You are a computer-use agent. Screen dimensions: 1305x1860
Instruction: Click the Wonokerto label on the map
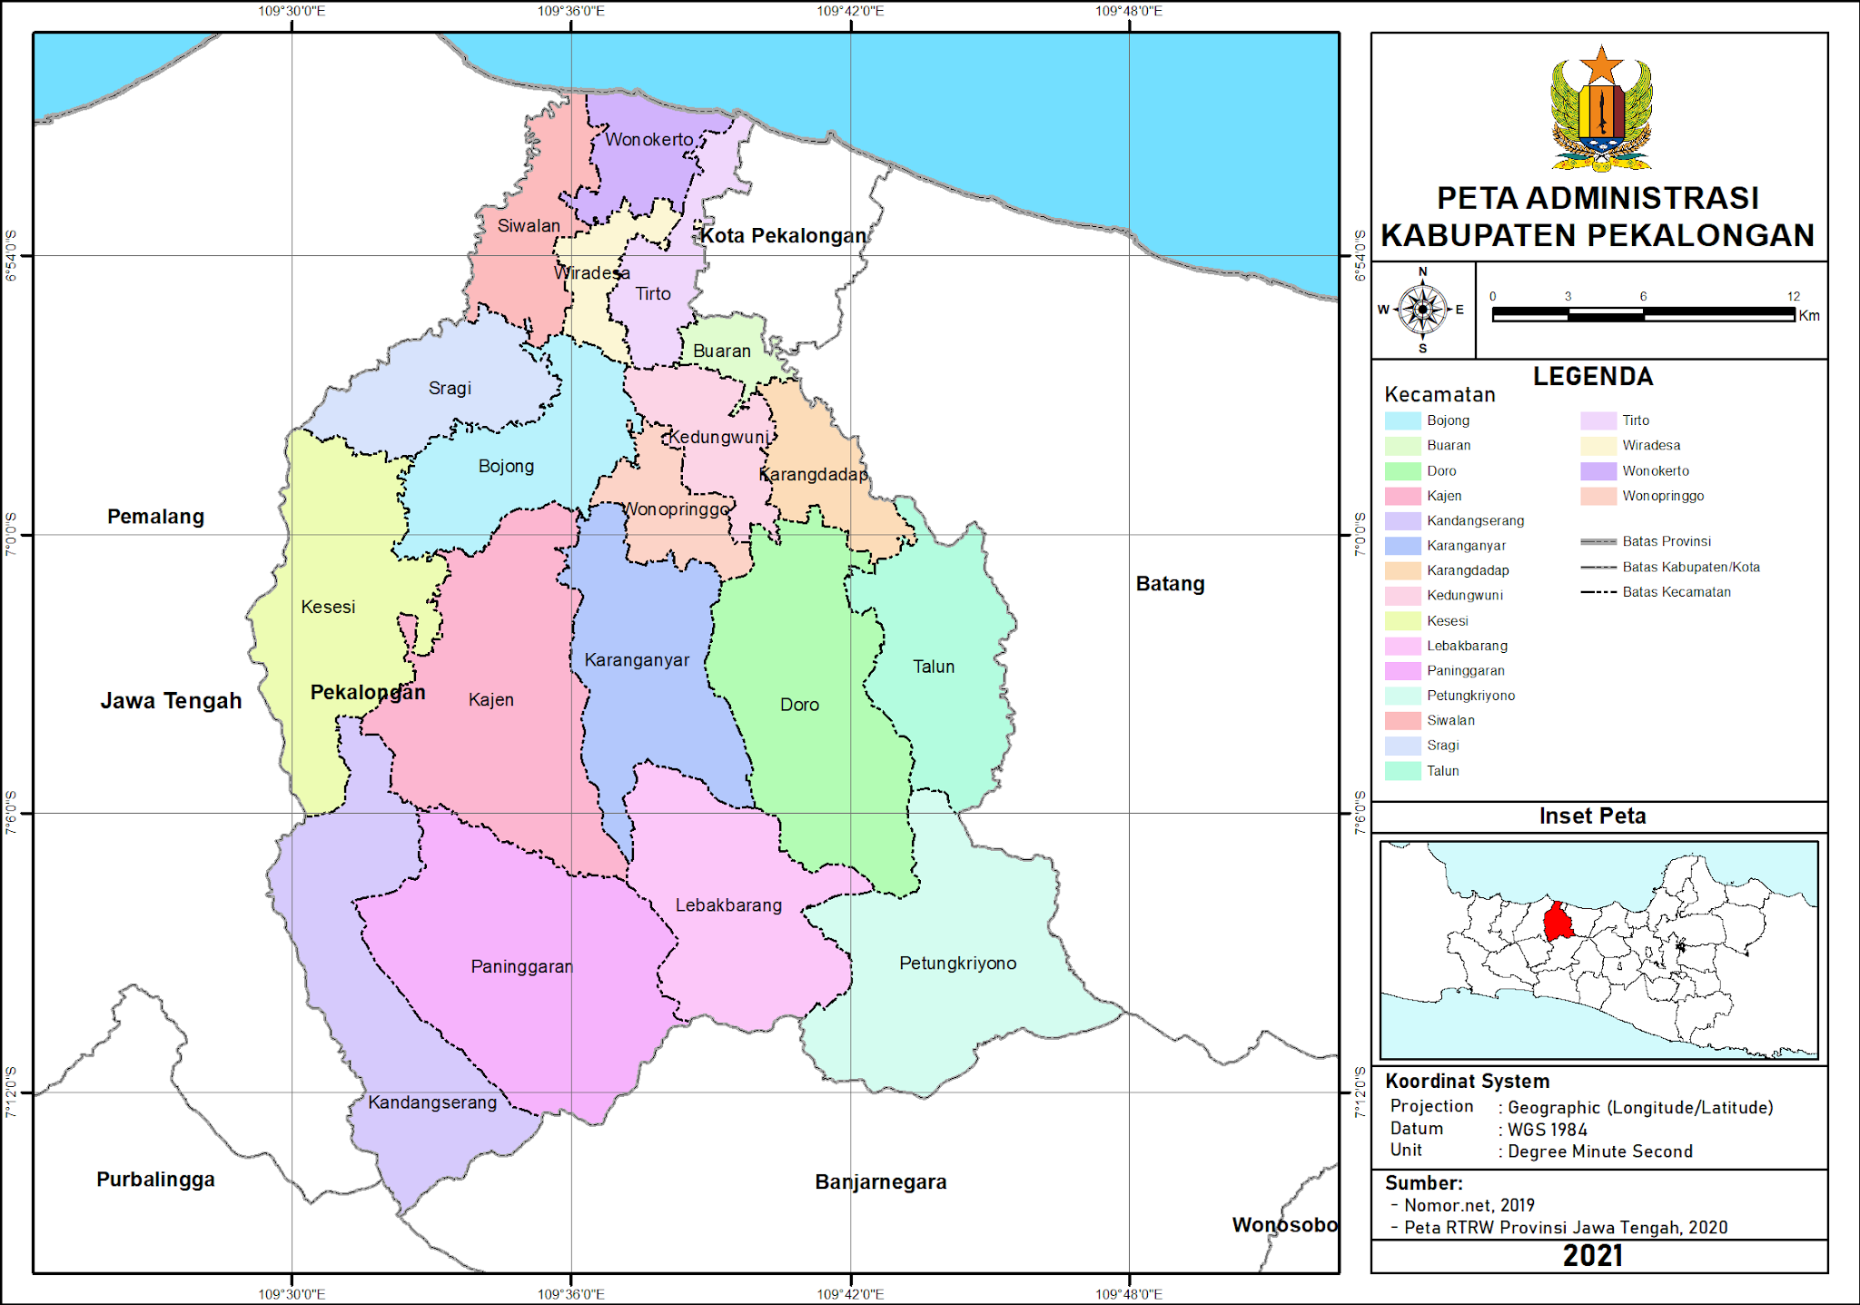648,140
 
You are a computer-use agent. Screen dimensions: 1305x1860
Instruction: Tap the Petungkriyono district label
957,964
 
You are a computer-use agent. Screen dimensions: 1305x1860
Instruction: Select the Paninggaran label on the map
521,967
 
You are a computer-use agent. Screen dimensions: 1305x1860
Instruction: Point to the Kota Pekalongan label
783,236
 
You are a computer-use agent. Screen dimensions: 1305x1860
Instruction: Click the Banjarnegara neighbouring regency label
880,1182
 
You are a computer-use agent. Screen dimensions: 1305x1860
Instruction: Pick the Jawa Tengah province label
171,701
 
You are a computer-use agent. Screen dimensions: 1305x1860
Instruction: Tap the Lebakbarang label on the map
728,905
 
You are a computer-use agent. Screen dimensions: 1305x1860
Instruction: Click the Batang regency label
1170,584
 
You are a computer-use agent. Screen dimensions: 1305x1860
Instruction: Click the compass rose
1422,310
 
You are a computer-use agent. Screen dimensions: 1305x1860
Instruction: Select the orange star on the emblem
1601,66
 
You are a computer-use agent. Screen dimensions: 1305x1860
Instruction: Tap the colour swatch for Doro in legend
1402,471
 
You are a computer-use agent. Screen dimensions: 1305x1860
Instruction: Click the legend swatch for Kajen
1402,496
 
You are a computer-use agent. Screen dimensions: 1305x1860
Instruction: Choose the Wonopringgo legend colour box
1598,496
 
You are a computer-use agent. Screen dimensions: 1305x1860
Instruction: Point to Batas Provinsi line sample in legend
1598,542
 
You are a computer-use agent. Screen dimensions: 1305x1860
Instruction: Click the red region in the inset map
1558,923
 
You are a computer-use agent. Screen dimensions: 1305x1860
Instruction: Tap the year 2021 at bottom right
1592,1256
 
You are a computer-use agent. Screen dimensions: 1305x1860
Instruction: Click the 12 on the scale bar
1793,297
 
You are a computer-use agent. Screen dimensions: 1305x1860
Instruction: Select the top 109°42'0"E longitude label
849,11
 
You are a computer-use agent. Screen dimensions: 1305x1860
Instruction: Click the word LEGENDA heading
1592,377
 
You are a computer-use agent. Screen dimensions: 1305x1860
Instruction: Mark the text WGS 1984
1547,1130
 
